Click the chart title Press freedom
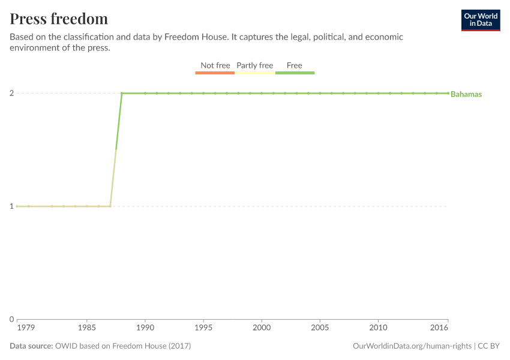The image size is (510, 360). [x=59, y=19]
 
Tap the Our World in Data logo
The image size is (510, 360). [x=480, y=20]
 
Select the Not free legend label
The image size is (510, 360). [x=215, y=65]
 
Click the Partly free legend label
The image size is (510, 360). [x=254, y=65]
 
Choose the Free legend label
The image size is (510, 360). [x=295, y=65]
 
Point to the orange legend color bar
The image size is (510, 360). [x=215, y=73]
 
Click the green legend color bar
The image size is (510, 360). [x=295, y=73]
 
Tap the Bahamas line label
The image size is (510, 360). [x=466, y=94]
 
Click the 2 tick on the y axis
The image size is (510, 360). [x=11, y=93]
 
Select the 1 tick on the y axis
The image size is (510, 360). [x=11, y=206]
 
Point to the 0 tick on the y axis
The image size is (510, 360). [x=11, y=319]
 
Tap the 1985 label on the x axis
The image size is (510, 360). [x=87, y=328]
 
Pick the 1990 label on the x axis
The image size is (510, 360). [x=145, y=328]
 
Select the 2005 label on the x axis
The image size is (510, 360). [x=320, y=328]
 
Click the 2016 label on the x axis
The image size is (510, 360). [x=439, y=328]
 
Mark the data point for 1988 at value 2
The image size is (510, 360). [x=122, y=93]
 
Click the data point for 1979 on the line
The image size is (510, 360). [x=17, y=206]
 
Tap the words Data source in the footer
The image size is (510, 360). [x=31, y=346]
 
